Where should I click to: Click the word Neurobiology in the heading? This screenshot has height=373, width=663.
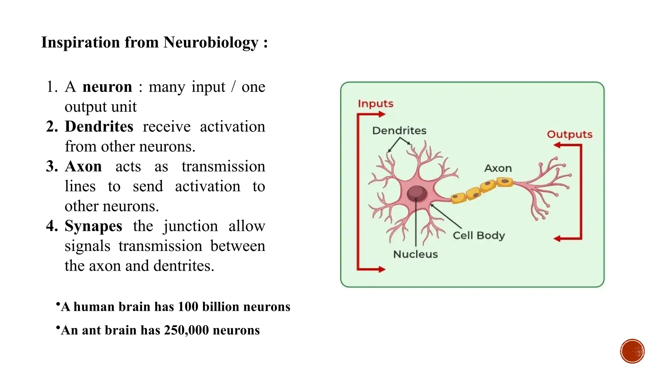pos(211,43)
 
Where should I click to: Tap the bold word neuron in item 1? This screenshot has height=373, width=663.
pos(107,87)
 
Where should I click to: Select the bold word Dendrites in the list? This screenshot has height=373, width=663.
pos(99,127)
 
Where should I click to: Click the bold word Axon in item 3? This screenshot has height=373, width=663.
pos(83,166)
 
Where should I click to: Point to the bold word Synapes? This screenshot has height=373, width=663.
pos(93,226)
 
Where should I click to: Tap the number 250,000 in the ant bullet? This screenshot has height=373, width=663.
pos(186,330)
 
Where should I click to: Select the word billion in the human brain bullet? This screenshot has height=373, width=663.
pos(221,307)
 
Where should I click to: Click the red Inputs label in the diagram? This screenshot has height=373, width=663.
pos(376,104)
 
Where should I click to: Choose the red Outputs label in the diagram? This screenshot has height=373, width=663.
pos(569,134)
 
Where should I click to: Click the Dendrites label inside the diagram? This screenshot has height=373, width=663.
pos(399,130)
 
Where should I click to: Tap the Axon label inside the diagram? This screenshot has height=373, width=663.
pos(498,168)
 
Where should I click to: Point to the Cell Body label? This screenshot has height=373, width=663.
pos(478,235)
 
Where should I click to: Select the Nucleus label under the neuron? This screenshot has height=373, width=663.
pos(415,254)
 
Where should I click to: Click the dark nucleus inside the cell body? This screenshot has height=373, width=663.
pos(417,193)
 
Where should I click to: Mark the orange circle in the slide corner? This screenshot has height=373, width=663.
pos(632,351)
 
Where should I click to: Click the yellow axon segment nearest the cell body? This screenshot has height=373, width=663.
pos(459,198)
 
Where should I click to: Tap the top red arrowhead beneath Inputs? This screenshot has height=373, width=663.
pos(382,114)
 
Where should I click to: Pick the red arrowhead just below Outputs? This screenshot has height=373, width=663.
pos(557,145)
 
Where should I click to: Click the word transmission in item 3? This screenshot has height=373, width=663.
pos(223,166)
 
